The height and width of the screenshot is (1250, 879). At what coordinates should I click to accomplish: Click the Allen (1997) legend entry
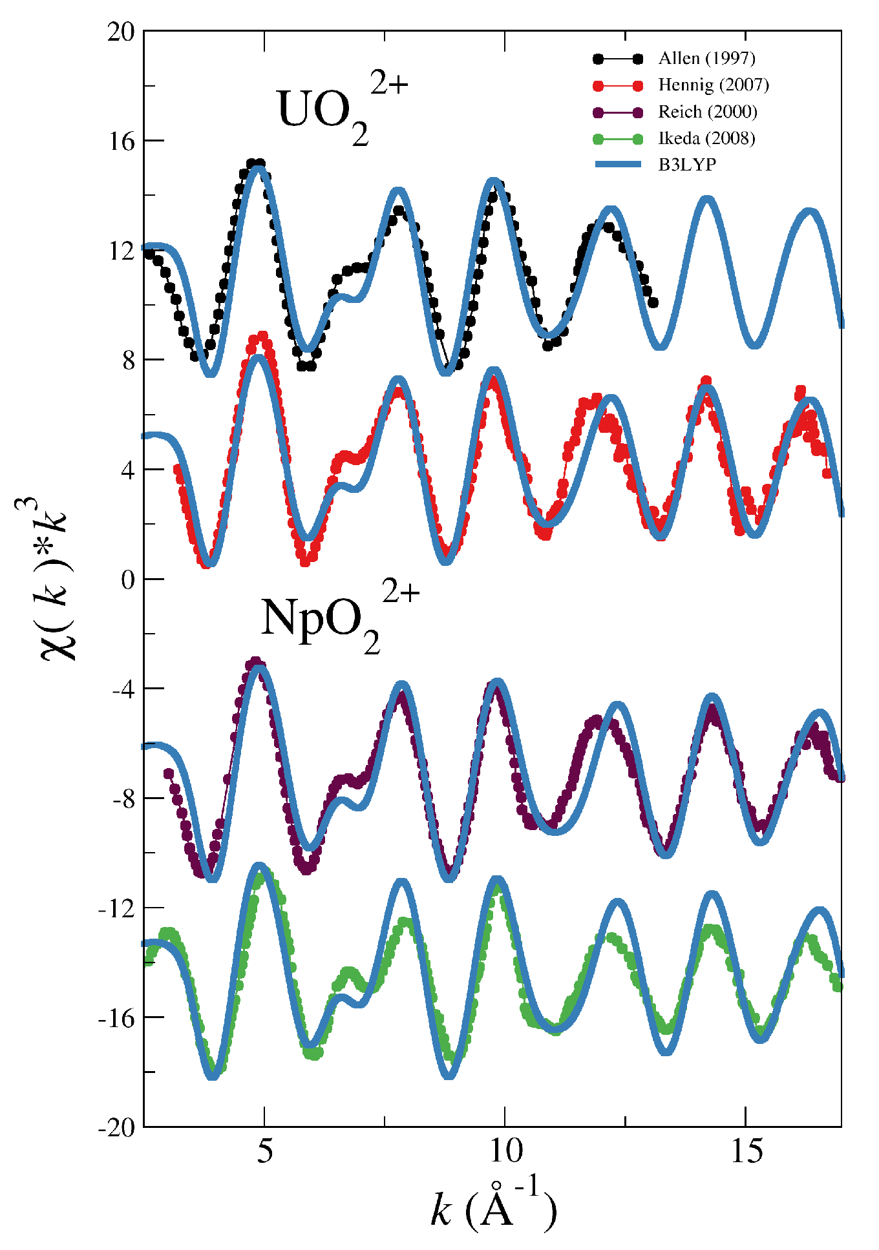[706, 58]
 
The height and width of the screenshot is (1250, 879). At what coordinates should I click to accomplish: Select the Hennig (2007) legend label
[713, 85]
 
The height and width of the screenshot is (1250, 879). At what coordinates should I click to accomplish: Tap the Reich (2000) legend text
[707, 112]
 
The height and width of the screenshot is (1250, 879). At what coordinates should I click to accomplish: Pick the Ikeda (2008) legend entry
[706, 138]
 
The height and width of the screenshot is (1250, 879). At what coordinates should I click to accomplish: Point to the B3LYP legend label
[687, 165]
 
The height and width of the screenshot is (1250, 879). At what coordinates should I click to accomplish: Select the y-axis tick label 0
[128, 579]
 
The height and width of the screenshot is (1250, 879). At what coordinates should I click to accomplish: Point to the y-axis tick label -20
[116, 1128]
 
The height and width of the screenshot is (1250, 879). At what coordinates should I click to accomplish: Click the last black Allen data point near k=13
[653, 302]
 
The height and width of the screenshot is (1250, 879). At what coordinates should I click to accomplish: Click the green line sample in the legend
[618, 138]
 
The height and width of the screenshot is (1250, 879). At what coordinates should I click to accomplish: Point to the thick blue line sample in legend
[618, 165]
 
